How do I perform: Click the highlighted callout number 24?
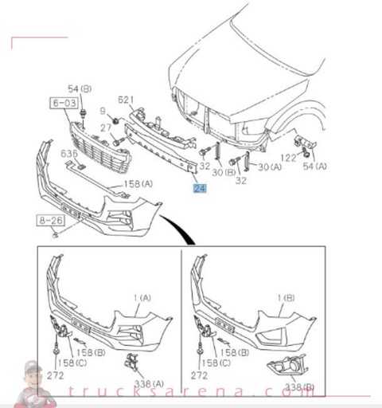tap(199, 189)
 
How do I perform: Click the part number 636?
tap(70, 154)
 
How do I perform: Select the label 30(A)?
tap(271, 167)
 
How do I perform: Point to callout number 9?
tap(103, 109)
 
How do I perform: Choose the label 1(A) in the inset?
tap(142, 297)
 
